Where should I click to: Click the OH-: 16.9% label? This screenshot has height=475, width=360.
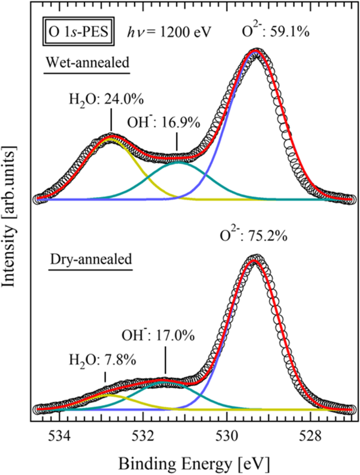pyautogui.click(x=164, y=123)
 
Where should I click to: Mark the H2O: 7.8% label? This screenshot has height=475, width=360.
pyautogui.click(x=104, y=360)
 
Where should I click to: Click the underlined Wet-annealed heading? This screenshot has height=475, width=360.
pyautogui.click(x=87, y=64)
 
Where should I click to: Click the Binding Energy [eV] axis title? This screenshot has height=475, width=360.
pyautogui.click(x=194, y=463)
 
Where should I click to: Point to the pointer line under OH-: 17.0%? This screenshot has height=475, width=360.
pyautogui.click(x=166, y=362)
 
